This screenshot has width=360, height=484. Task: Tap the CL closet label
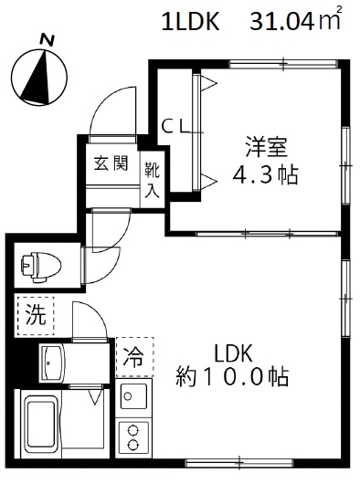tap(176, 126)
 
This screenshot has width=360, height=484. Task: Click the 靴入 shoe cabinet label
tap(152, 180)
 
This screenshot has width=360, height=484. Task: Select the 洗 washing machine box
tap(35, 318)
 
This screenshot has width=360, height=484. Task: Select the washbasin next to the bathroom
tap(49, 363)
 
